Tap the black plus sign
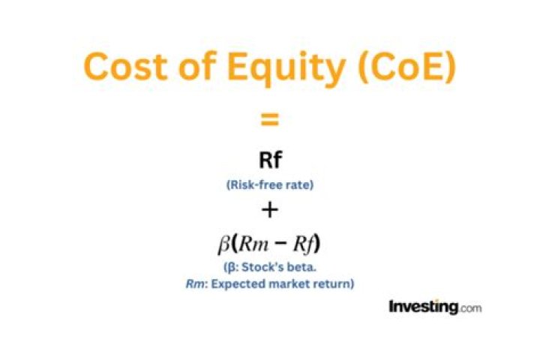270,211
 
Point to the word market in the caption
292,284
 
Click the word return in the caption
334,284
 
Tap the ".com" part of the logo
469,307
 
